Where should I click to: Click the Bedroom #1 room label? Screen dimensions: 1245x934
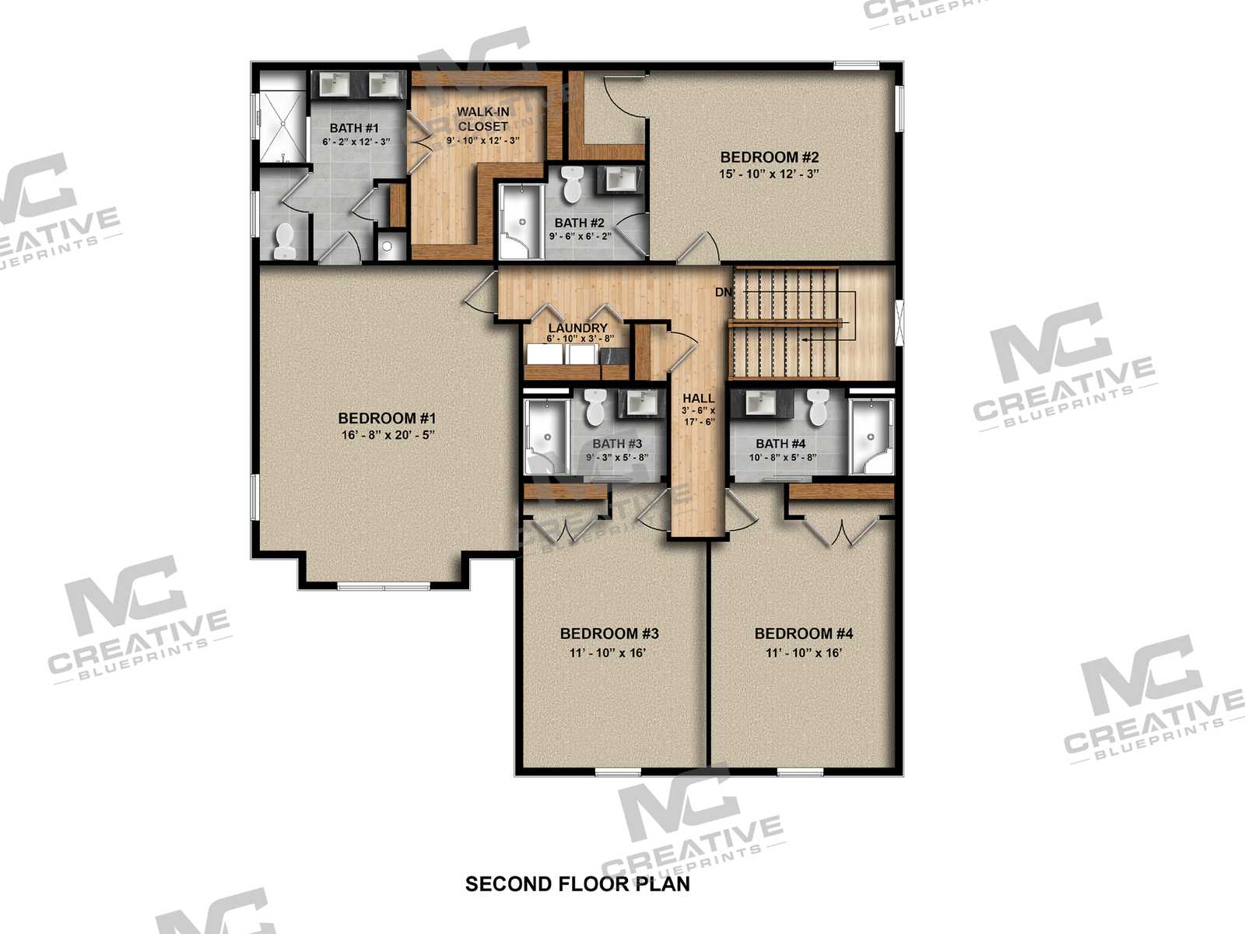(387, 419)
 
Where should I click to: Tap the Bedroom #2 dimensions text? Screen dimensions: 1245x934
(769, 174)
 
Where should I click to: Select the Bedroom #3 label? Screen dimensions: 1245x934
(609, 634)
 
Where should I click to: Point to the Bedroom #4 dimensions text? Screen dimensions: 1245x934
(804, 653)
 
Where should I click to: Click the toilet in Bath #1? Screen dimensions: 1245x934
(283, 241)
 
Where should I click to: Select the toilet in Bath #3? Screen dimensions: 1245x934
(594, 407)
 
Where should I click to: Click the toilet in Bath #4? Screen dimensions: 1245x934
(818, 407)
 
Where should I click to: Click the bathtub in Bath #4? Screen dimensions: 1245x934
(871, 436)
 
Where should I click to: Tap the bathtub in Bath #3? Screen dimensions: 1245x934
(546, 436)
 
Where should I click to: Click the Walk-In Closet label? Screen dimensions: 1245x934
(482, 119)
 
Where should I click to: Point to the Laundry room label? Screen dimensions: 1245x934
(577, 328)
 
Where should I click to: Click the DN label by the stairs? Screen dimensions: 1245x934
(723, 292)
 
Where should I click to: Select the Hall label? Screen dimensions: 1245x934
(698, 398)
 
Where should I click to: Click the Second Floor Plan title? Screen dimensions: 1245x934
(577, 884)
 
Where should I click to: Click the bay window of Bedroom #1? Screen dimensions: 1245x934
(384, 586)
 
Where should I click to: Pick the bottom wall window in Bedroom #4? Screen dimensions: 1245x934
(800, 772)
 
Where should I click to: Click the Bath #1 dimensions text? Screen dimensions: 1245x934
(356, 142)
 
